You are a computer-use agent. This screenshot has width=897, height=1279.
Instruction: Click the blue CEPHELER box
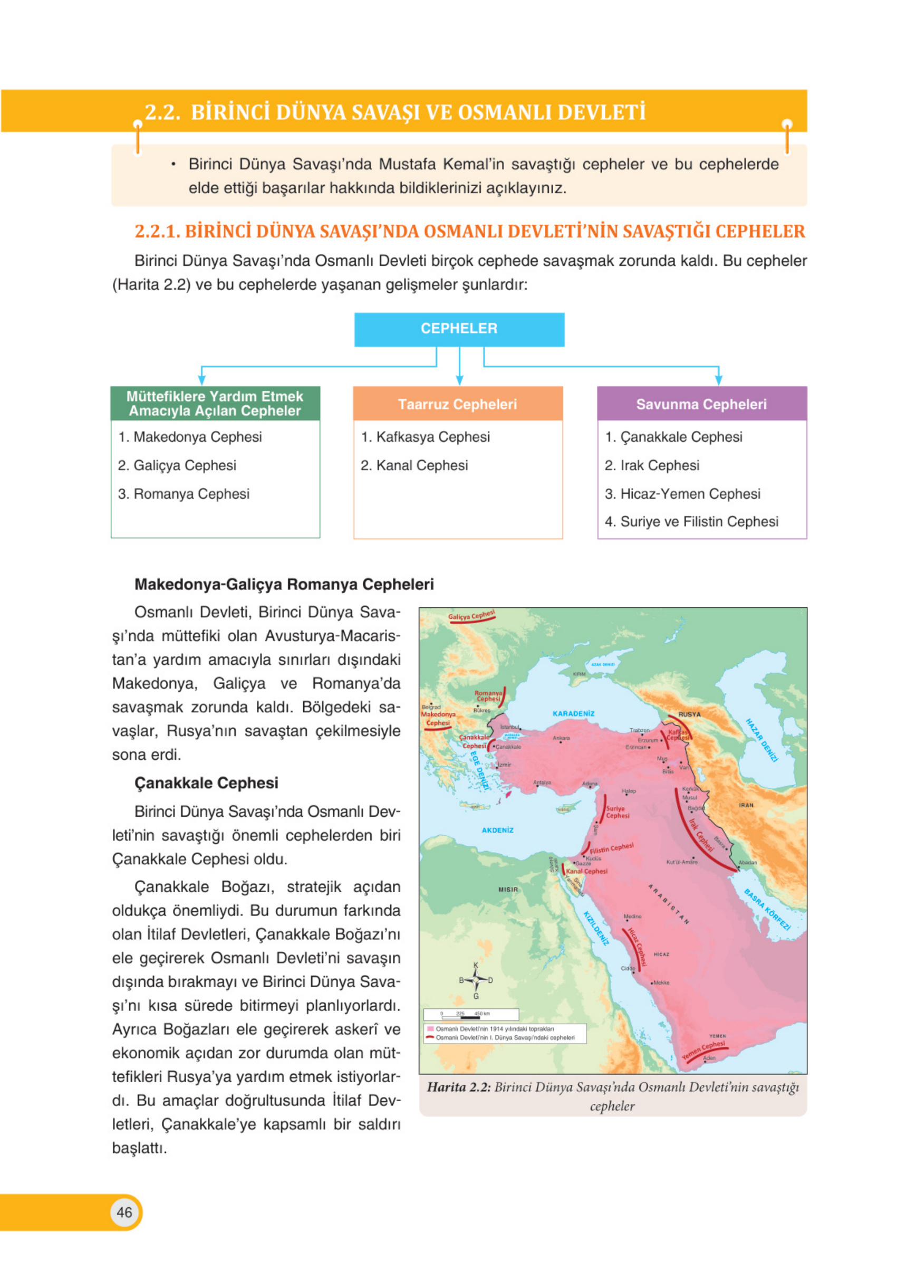pos(459,329)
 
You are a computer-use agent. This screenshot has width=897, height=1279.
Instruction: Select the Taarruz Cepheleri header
pos(458,404)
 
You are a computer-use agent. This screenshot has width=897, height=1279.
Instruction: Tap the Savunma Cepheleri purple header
pos(701,404)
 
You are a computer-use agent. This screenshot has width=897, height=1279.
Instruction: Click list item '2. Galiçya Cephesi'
pos(177,465)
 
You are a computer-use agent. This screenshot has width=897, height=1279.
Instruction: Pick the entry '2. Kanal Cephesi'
pos(414,465)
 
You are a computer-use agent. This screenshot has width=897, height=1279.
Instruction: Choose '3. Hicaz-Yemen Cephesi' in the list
pos(682,493)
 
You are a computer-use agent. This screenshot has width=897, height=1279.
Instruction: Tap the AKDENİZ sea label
pos(497,830)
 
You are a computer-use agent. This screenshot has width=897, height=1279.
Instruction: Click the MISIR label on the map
pos(508,890)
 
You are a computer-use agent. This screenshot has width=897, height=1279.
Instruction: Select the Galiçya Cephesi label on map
pos(471,616)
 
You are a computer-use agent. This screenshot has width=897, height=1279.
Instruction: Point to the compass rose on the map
pos(476,980)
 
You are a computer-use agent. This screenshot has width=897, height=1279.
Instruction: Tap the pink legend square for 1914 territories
pos(430,1029)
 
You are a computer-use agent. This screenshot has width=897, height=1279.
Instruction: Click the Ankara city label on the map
pos(561,738)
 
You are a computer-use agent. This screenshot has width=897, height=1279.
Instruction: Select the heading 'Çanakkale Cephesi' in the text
pos(206,782)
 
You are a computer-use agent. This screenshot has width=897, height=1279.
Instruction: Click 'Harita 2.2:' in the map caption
pos(458,1087)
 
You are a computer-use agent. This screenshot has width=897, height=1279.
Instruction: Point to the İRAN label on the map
pos(746,805)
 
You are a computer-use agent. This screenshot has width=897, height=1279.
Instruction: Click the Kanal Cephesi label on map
pos(587,871)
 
